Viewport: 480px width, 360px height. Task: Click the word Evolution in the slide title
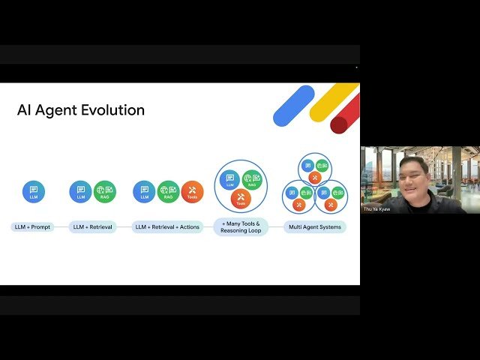coord(112,110)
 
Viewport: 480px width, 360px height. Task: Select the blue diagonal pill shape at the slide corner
coord(293,106)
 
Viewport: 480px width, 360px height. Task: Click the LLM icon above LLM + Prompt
coord(34,192)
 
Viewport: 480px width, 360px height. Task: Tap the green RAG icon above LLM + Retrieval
coord(105,192)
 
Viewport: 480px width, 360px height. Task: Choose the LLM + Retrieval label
coord(93,226)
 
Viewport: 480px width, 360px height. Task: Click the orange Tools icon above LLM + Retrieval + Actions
coord(192,192)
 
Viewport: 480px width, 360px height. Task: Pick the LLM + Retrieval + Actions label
coord(168,226)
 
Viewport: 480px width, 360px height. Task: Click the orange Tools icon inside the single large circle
coord(241,198)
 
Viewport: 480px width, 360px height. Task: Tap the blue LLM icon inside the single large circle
coord(229,179)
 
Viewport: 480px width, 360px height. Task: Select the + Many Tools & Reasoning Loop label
coord(240,226)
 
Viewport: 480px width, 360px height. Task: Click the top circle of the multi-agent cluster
coord(315,169)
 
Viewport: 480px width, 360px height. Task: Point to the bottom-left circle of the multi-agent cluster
coord(299,197)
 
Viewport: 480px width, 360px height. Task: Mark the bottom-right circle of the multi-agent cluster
coord(331,197)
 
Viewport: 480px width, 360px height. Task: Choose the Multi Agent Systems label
coord(315,226)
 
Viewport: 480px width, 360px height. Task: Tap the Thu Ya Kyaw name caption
coord(377,209)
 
